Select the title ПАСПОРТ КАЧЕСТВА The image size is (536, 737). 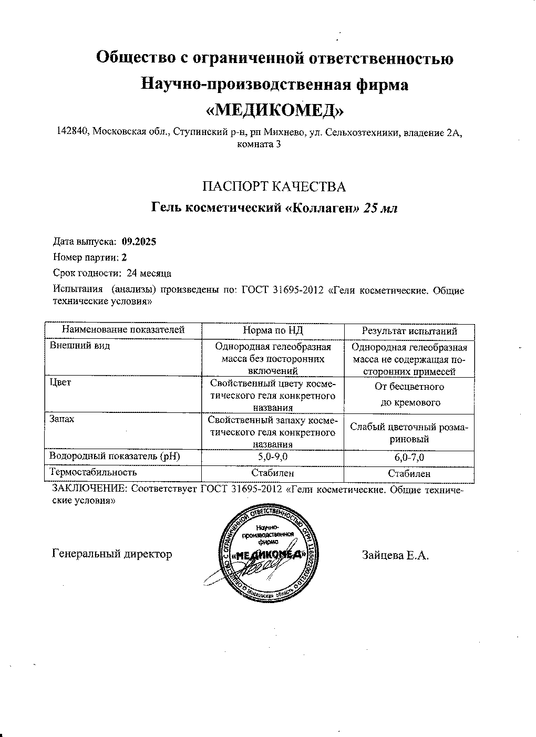tap(274, 186)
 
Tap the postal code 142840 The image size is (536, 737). tap(74, 132)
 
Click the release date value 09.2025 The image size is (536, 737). tap(139, 242)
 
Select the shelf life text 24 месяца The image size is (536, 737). tap(149, 273)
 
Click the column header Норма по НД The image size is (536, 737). tap(273, 330)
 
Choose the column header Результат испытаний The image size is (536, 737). tap(409, 330)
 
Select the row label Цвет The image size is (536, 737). tap(60, 382)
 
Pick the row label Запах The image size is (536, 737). tap(62, 419)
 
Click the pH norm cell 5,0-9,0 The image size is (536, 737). tap(273, 457)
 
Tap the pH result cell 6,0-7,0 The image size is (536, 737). tap(409, 458)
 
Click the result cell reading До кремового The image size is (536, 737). tap(409, 403)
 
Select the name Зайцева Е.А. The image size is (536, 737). tap(395, 555)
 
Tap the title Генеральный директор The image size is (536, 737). tap(112, 554)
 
